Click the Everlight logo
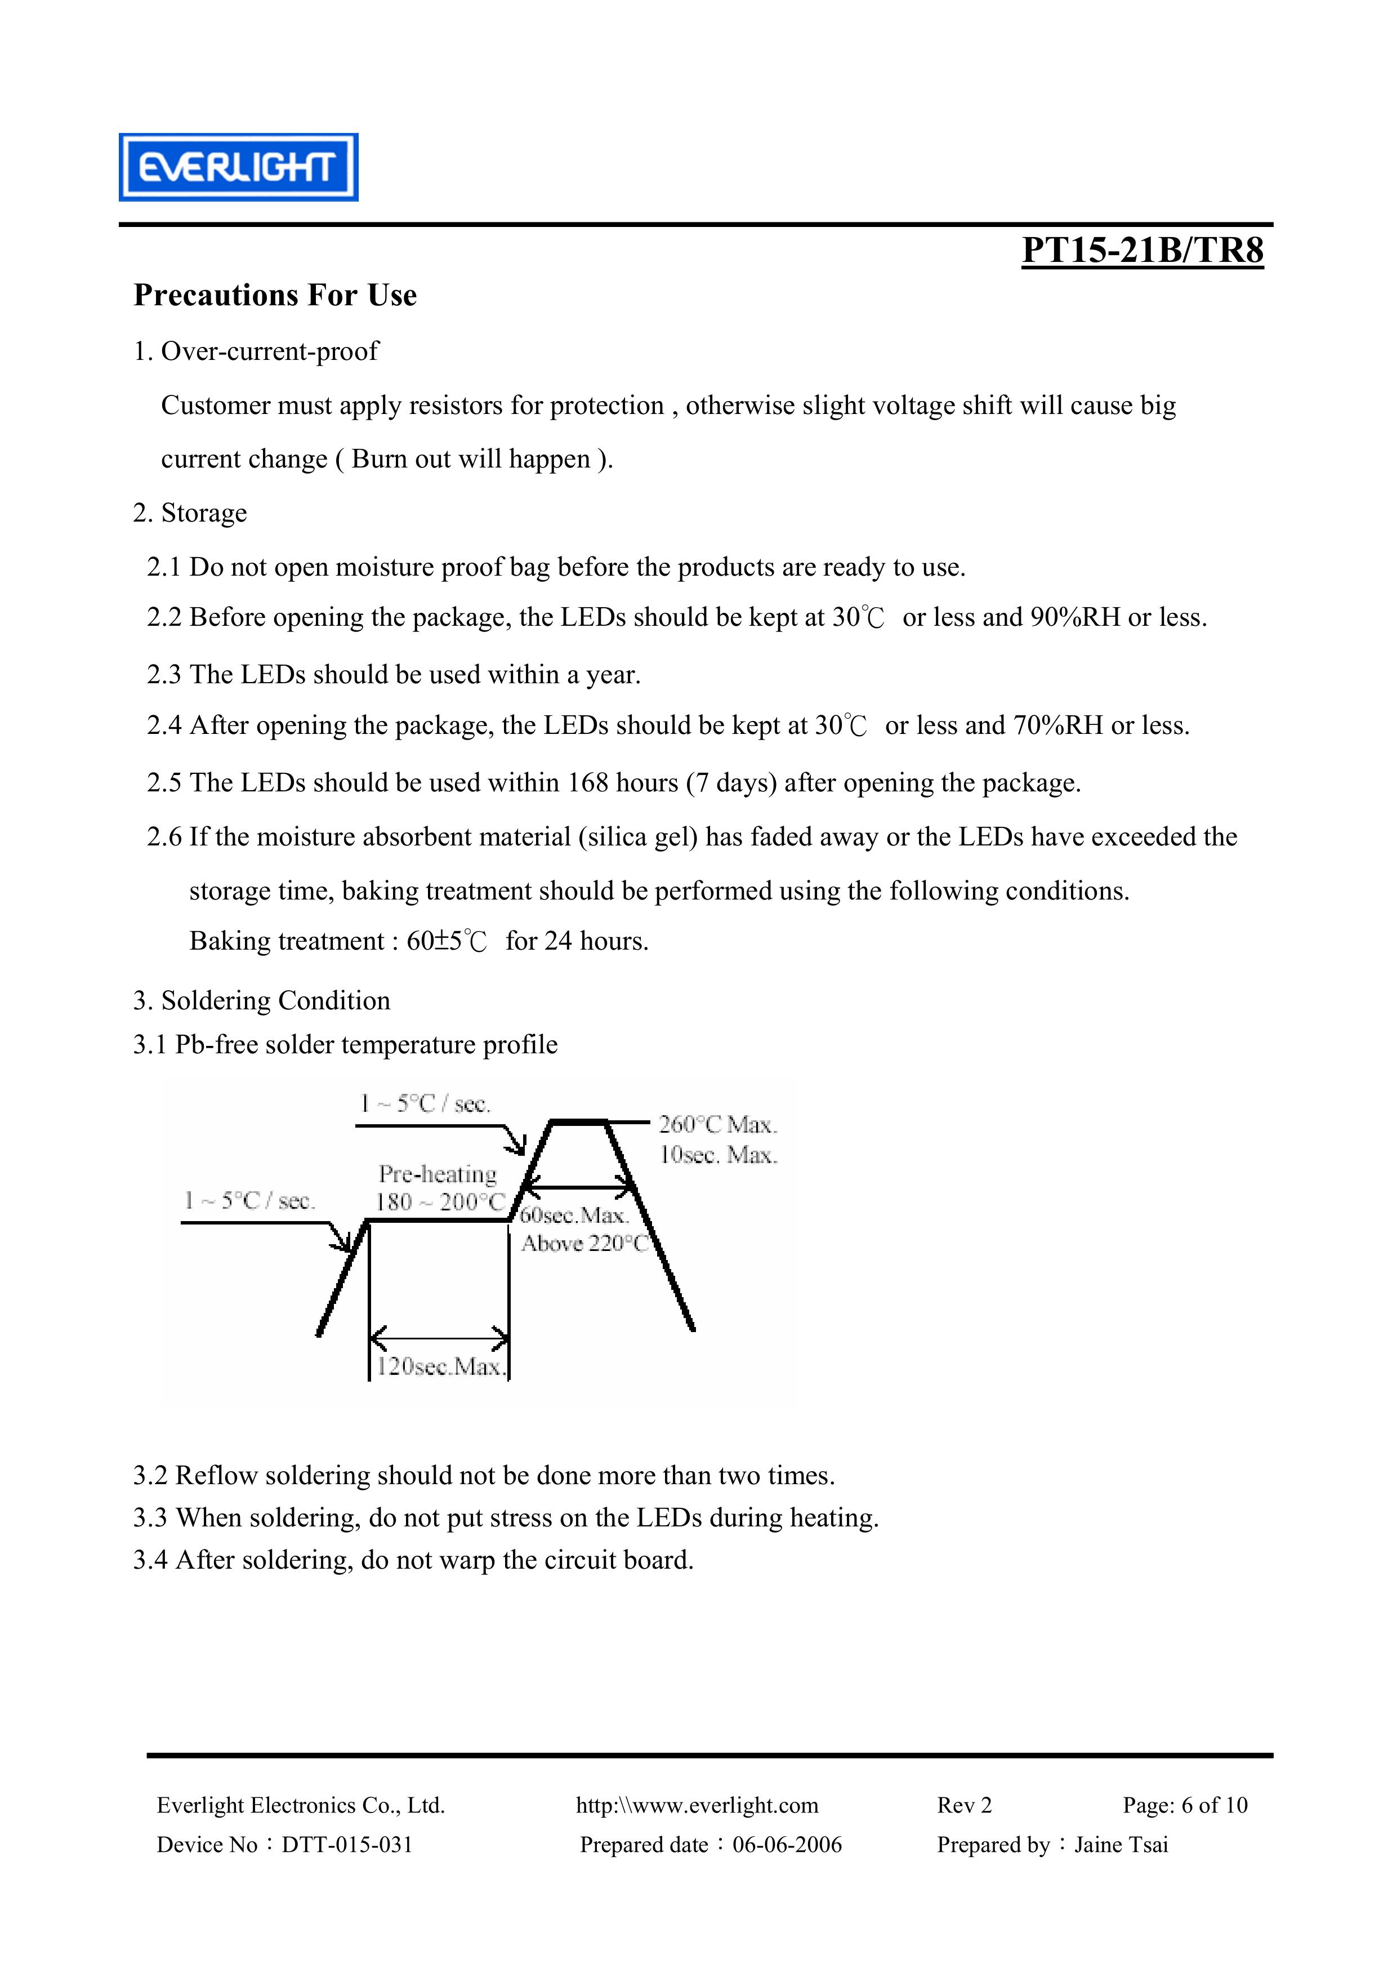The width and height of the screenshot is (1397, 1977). click(x=238, y=167)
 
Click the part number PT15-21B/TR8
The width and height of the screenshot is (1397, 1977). click(x=1142, y=251)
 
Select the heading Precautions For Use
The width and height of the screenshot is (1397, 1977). click(x=275, y=295)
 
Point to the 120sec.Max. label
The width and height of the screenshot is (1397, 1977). click(x=439, y=1368)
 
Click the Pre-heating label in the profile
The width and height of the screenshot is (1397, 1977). click(x=438, y=1174)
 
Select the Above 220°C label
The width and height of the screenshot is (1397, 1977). click(x=584, y=1244)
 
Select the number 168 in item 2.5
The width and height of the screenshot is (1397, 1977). click(x=587, y=783)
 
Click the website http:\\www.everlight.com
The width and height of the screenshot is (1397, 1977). click(x=697, y=1806)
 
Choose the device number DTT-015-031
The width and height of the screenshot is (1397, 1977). click(x=347, y=1845)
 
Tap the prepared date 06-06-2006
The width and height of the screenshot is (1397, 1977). click(x=787, y=1845)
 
